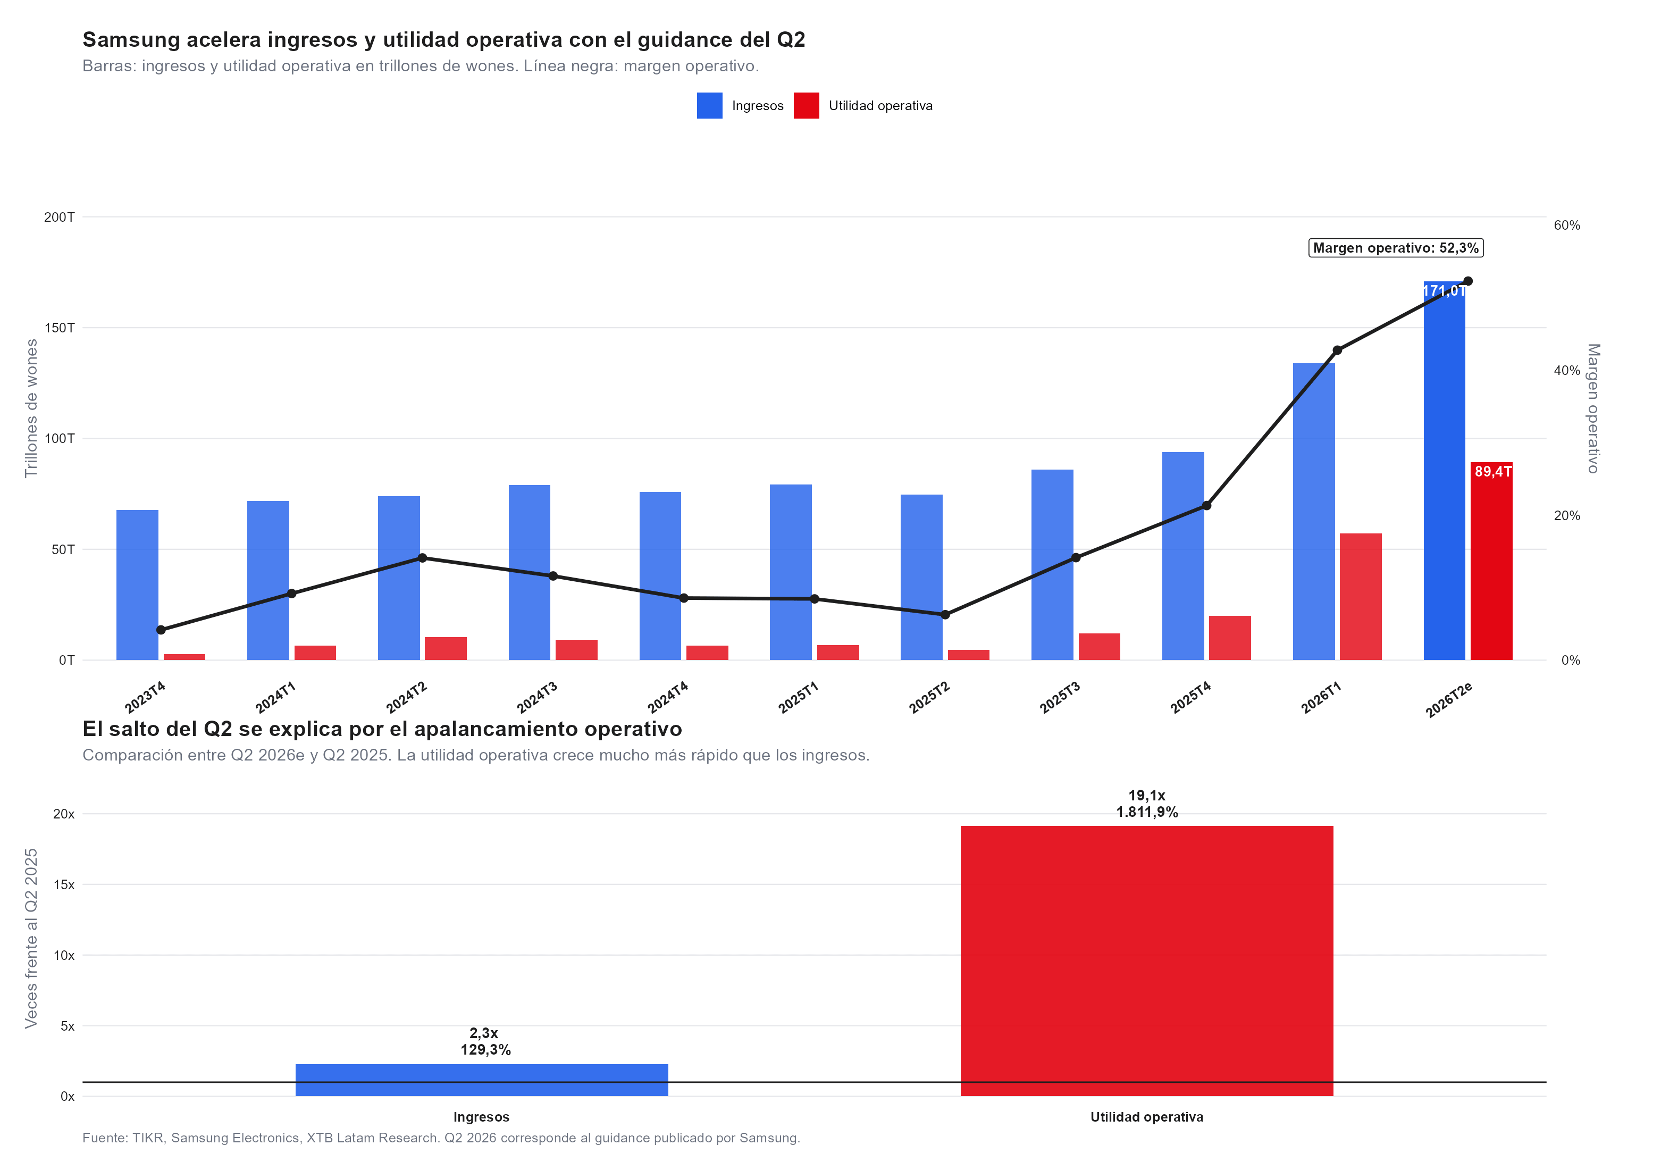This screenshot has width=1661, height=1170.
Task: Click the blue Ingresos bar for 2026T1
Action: tap(1314, 512)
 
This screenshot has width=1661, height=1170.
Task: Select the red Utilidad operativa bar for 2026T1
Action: tap(1360, 596)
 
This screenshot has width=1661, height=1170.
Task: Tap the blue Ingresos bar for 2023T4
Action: tap(138, 584)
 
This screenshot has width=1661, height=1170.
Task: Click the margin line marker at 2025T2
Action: tap(945, 615)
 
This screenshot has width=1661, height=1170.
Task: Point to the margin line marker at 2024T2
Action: tap(423, 558)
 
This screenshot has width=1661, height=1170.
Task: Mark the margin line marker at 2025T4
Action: tap(1206, 506)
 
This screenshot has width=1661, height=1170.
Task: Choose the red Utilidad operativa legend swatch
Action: tap(806, 106)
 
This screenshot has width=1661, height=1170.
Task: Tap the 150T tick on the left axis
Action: tap(60, 328)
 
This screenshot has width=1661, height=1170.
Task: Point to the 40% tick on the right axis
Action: tap(1567, 371)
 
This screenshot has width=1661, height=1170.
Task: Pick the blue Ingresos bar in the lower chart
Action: tap(482, 1080)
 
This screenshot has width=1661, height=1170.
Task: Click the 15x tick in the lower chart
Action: tap(64, 884)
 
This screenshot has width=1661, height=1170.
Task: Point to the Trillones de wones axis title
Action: tap(31, 408)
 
